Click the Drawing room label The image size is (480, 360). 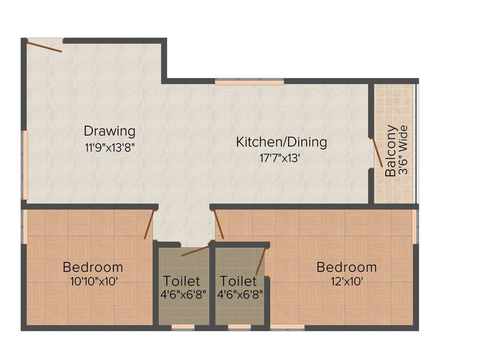[110, 131]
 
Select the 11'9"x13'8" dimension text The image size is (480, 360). [110, 147]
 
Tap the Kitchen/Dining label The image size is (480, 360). [281, 142]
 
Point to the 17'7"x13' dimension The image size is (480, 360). [280, 158]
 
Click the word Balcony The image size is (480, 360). [390, 151]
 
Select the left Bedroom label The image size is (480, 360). [93, 267]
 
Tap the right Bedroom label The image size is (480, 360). [346, 267]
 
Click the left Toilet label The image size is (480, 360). [181, 281]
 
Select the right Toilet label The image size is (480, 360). [238, 281]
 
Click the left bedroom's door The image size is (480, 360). [149, 225]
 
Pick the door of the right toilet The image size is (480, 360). [261, 262]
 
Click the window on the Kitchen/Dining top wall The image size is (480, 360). [249, 82]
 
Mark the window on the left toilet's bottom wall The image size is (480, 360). [183, 327]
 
